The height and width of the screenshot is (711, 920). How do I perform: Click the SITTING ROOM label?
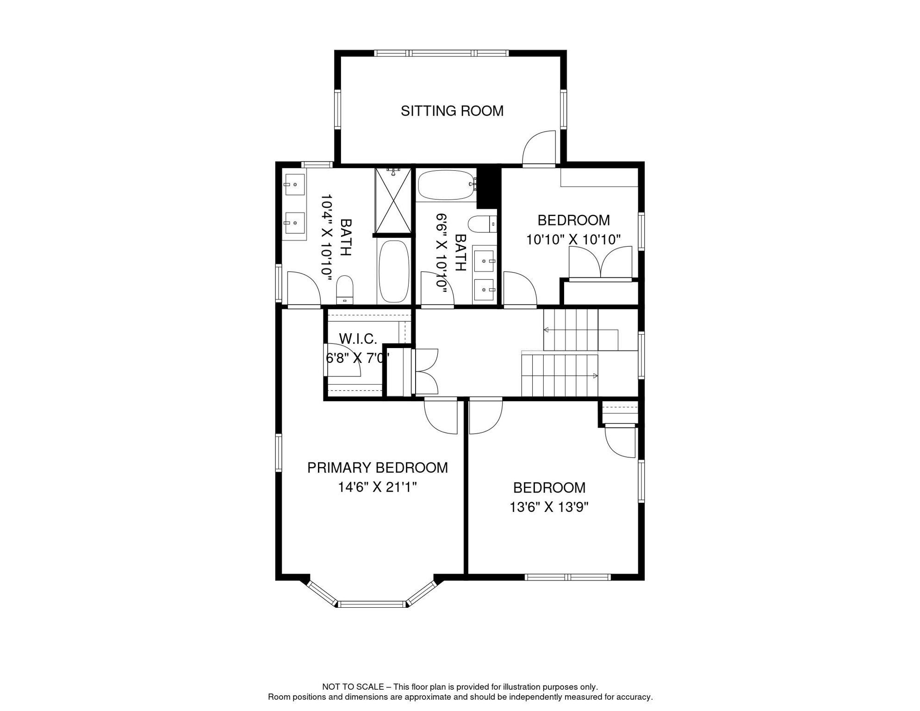point(452,111)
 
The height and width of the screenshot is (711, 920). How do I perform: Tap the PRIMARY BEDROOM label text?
point(377,468)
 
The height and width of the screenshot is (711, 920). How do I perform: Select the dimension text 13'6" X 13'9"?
point(549,507)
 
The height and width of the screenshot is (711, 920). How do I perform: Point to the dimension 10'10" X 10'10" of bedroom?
point(573,240)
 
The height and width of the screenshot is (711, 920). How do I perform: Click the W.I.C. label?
point(358,339)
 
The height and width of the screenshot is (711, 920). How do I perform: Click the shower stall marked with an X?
point(393,202)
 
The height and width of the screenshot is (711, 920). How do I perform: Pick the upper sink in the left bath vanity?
point(294,185)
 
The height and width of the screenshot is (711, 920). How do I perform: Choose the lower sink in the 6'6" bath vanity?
point(484,290)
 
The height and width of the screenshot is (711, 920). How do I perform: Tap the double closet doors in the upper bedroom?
point(600,263)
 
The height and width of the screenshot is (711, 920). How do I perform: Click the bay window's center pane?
point(372,604)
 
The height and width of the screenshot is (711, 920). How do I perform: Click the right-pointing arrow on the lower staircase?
point(595,376)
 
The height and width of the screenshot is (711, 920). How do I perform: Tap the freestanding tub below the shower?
point(394,272)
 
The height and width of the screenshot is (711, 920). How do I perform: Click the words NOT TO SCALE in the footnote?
point(353,687)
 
